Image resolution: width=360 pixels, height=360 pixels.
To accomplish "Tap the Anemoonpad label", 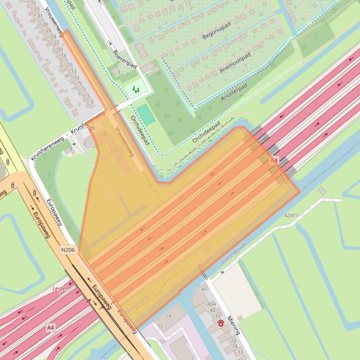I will (x=235, y=63).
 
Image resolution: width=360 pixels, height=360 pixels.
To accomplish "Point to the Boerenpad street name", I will (x=125, y=59).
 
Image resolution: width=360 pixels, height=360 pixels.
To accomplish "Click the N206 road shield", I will (x=68, y=250).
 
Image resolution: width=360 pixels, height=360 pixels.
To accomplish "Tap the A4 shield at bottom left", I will (x=51, y=328).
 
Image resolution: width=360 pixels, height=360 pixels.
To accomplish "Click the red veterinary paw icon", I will (x=221, y=323).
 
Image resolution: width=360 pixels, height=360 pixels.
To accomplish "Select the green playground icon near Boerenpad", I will (x=136, y=89).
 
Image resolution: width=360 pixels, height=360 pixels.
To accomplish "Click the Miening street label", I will (x=233, y=325).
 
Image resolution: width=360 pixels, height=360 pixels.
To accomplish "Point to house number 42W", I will (x=289, y=216).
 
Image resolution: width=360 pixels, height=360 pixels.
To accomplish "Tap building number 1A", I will (x=169, y=316).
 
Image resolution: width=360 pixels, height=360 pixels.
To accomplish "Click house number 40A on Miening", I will (x=212, y=304).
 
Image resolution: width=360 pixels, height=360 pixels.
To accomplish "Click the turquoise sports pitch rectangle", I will (x=146, y=115).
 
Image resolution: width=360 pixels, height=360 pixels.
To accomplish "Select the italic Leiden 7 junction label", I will (x=60, y=291).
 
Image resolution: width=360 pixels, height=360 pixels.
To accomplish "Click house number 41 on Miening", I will (x=204, y=289).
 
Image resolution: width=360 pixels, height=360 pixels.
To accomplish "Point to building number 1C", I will (x=161, y=325).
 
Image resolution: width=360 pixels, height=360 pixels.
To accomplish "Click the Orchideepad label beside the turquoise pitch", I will (x=140, y=130).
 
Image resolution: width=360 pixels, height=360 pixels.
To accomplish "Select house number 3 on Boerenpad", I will (x=118, y=72).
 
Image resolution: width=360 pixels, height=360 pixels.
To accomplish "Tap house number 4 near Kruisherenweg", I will (x=71, y=149).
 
